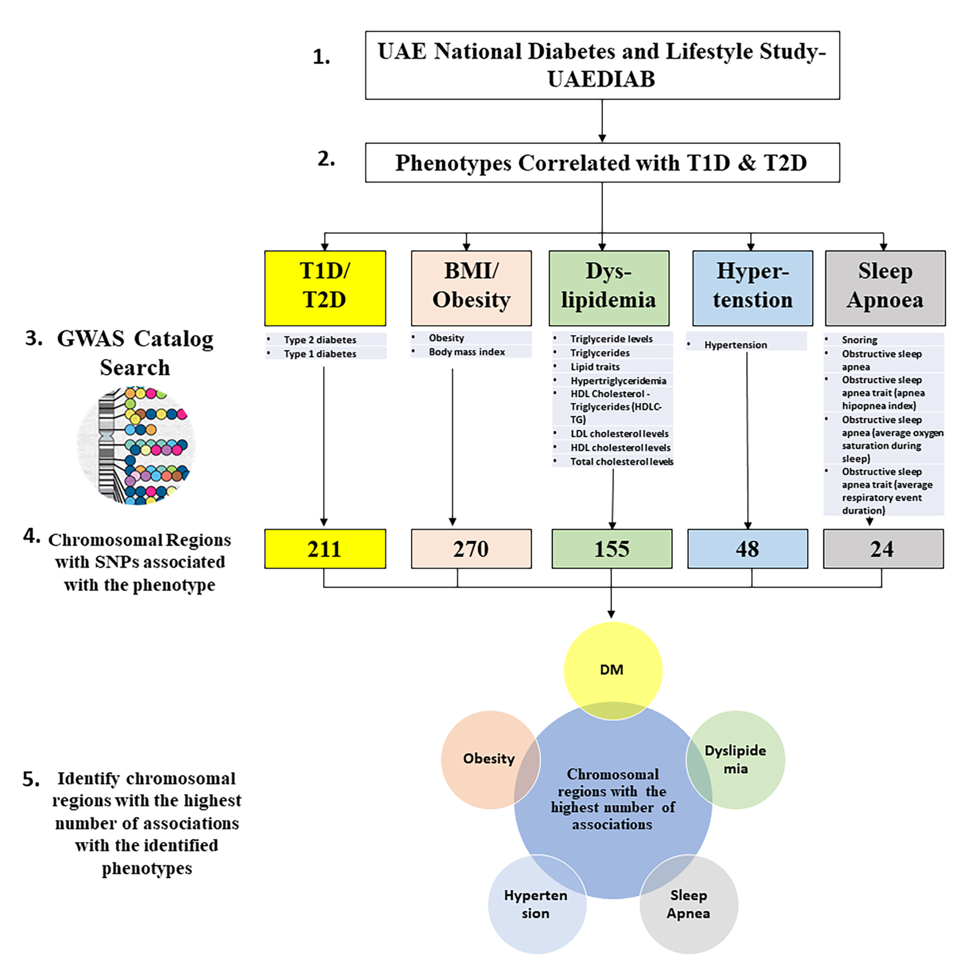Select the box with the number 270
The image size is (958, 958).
coord(471,548)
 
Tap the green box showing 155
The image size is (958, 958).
coord(612,548)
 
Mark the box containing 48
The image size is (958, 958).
coord(747,548)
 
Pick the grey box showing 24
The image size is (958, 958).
coord(883,548)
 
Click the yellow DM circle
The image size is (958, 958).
coord(612,669)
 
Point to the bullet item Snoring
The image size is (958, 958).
coord(859,340)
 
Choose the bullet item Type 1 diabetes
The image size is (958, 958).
coord(320,353)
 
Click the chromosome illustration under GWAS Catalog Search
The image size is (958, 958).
coord(136,445)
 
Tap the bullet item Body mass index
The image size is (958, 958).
coord(467,352)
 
